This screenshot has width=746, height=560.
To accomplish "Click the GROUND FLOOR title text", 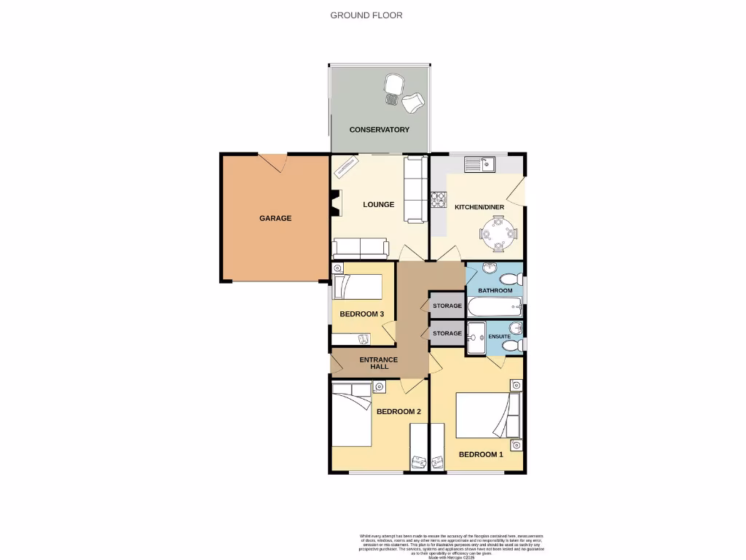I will tap(366, 15).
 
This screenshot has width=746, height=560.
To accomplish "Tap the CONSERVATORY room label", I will tap(379, 130).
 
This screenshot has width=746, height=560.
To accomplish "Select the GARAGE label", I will tap(275, 218).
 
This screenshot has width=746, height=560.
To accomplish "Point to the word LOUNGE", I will tap(379, 205).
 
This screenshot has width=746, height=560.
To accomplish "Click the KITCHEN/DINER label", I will tap(479, 208).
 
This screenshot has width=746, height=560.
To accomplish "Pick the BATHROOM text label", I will tap(495, 291).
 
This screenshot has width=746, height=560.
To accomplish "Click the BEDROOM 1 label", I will tap(481, 455).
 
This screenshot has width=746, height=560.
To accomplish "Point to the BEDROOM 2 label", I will tap(398, 412).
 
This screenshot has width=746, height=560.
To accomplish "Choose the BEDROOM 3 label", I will tap(361, 314).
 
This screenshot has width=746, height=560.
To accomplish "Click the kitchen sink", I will tap(479, 165).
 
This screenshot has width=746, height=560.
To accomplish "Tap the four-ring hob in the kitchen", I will tap(439, 199).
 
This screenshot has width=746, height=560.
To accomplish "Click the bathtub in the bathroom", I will tap(495, 306).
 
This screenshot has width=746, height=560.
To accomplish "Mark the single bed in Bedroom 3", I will tap(358, 287).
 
